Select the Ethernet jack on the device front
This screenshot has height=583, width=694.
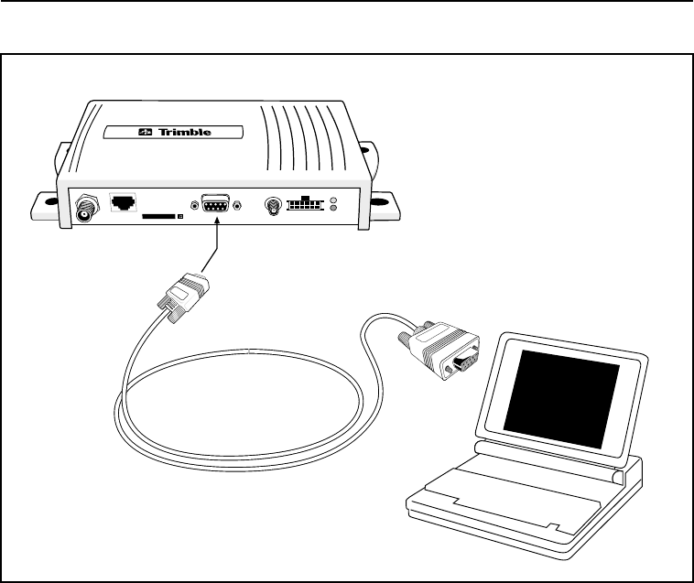122,202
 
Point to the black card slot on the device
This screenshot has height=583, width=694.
157,217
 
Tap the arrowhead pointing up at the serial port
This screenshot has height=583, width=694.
216,225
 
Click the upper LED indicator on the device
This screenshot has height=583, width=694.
333,200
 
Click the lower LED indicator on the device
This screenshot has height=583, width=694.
333,211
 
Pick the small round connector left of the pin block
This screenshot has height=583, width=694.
272,207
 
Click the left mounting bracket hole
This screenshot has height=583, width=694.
41,206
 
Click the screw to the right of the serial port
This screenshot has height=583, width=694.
238,205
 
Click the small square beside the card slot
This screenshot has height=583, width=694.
180,217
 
